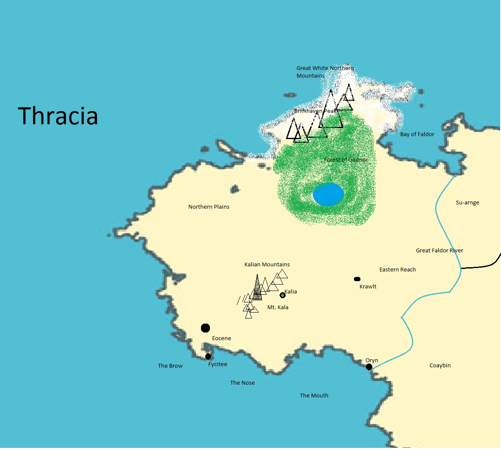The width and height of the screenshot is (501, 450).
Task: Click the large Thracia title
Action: (x=58, y=116)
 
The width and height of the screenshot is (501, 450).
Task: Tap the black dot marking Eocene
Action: (x=205, y=328)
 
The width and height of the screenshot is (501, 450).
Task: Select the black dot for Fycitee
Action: (x=208, y=356)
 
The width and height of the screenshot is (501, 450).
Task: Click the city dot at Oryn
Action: (x=369, y=367)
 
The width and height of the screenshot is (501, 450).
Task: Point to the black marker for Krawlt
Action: (x=357, y=279)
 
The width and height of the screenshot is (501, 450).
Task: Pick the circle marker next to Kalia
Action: (x=283, y=295)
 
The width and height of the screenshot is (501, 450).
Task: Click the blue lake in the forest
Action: (x=328, y=194)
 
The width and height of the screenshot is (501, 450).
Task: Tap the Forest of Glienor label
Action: (x=346, y=160)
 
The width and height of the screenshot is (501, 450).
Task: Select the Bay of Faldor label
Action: (x=417, y=134)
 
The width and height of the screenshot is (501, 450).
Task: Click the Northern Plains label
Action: (x=209, y=207)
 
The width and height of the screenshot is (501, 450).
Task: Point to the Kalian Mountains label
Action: (x=267, y=265)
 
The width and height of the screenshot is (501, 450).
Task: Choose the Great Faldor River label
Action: (x=439, y=251)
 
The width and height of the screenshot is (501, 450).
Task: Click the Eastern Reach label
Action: (x=397, y=270)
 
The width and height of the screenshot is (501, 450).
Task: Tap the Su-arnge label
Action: (x=467, y=203)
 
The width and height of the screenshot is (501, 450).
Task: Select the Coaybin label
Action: (x=440, y=366)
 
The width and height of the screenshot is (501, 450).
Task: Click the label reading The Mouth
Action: (x=314, y=396)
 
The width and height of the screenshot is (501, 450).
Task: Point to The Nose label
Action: (x=242, y=383)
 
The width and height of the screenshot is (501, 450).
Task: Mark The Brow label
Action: (x=170, y=366)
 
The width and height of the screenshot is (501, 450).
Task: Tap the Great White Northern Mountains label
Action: (x=325, y=72)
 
